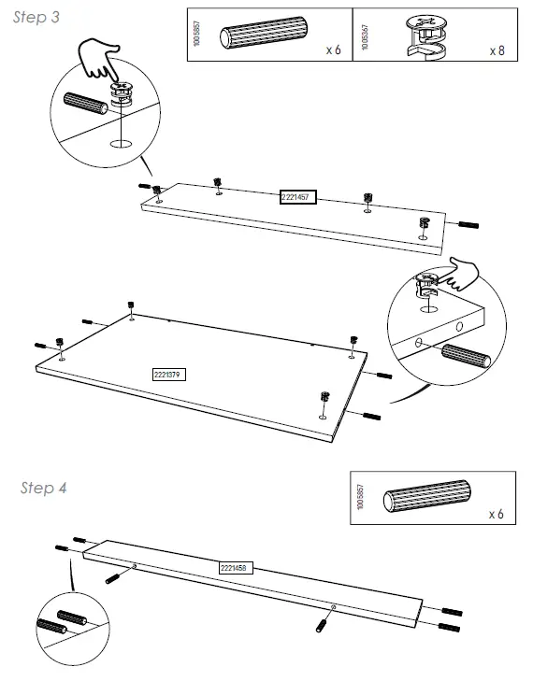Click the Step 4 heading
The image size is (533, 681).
pyautogui.click(x=43, y=489)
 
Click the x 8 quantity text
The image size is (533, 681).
pyautogui.click(x=497, y=50)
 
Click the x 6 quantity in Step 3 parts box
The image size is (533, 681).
pyautogui.click(x=333, y=50)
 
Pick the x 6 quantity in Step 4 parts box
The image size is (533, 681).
pyautogui.click(x=496, y=515)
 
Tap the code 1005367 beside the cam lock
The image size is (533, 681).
pyautogui.click(x=363, y=35)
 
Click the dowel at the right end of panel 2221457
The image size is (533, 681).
pyautogui.click(x=468, y=225)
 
